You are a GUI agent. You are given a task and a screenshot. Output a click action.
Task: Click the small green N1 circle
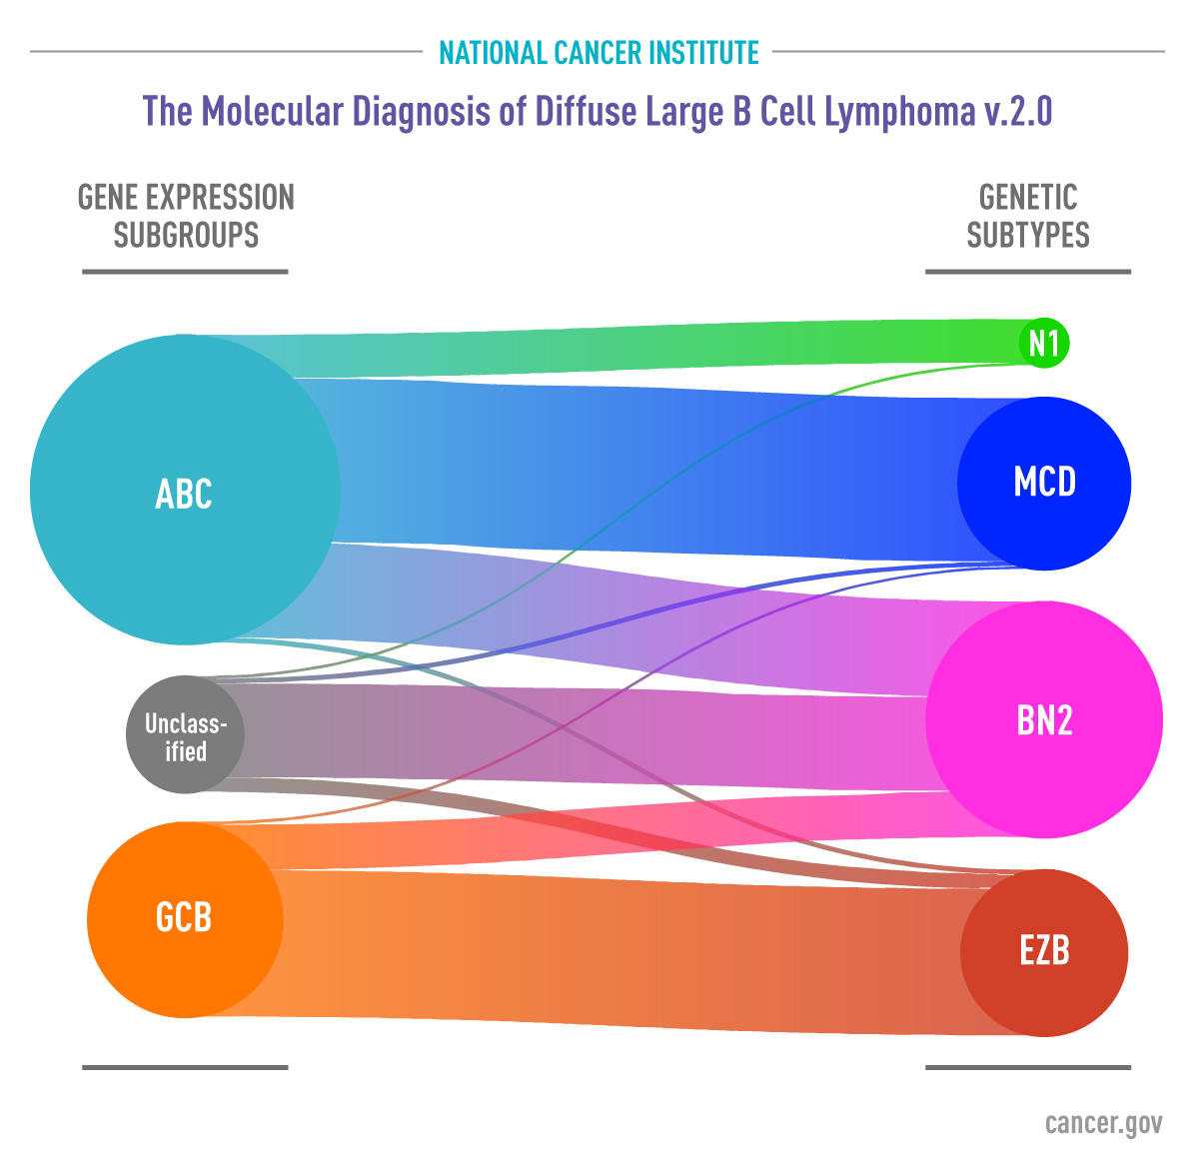(1043, 344)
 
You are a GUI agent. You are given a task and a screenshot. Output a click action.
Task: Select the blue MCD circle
(1044, 483)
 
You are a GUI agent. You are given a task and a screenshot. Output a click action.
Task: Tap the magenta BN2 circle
(1044, 719)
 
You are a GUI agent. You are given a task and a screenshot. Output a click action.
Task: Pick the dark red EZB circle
(1044, 951)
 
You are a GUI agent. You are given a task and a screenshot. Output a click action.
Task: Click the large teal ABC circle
(185, 491)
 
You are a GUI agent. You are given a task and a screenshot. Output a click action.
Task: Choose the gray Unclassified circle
(185, 735)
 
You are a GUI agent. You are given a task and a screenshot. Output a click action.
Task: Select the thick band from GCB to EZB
(619, 949)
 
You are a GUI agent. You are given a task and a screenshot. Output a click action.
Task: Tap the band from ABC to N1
(639, 350)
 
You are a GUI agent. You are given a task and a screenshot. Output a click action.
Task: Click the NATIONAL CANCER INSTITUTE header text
(598, 52)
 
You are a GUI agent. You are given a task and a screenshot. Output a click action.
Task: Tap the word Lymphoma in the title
(898, 111)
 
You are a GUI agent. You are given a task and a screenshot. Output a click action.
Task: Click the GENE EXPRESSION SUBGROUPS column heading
(186, 216)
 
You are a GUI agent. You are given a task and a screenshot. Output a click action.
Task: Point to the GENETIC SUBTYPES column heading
(1028, 216)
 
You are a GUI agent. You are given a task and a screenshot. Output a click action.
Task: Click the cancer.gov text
(1103, 1123)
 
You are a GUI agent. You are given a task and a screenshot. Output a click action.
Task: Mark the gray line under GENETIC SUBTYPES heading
(1028, 271)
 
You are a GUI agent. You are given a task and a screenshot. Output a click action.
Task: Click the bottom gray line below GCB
(185, 1067)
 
